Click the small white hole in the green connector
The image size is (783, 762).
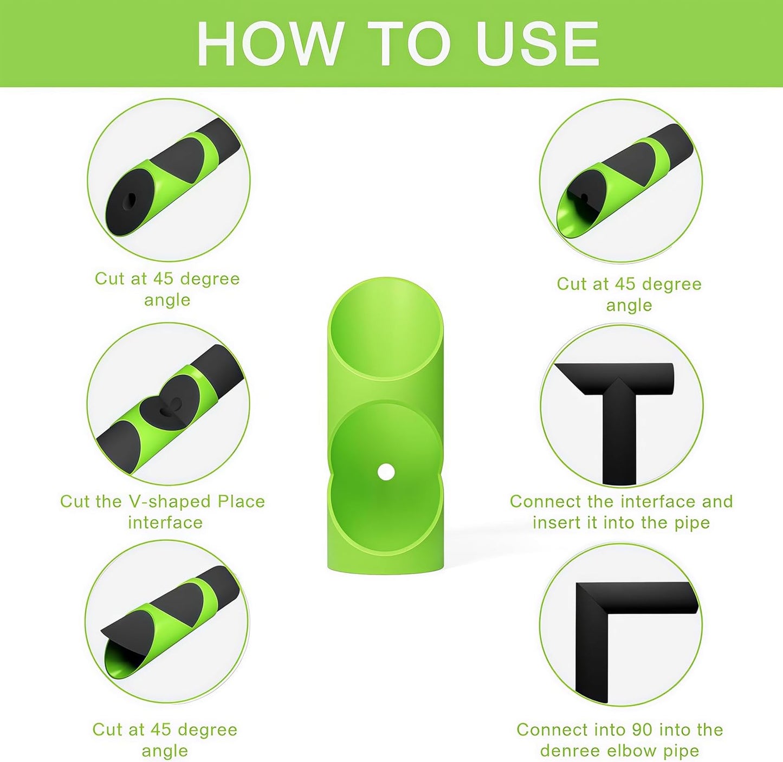click(385, 471)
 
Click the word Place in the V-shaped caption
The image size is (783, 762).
click(242, 501)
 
